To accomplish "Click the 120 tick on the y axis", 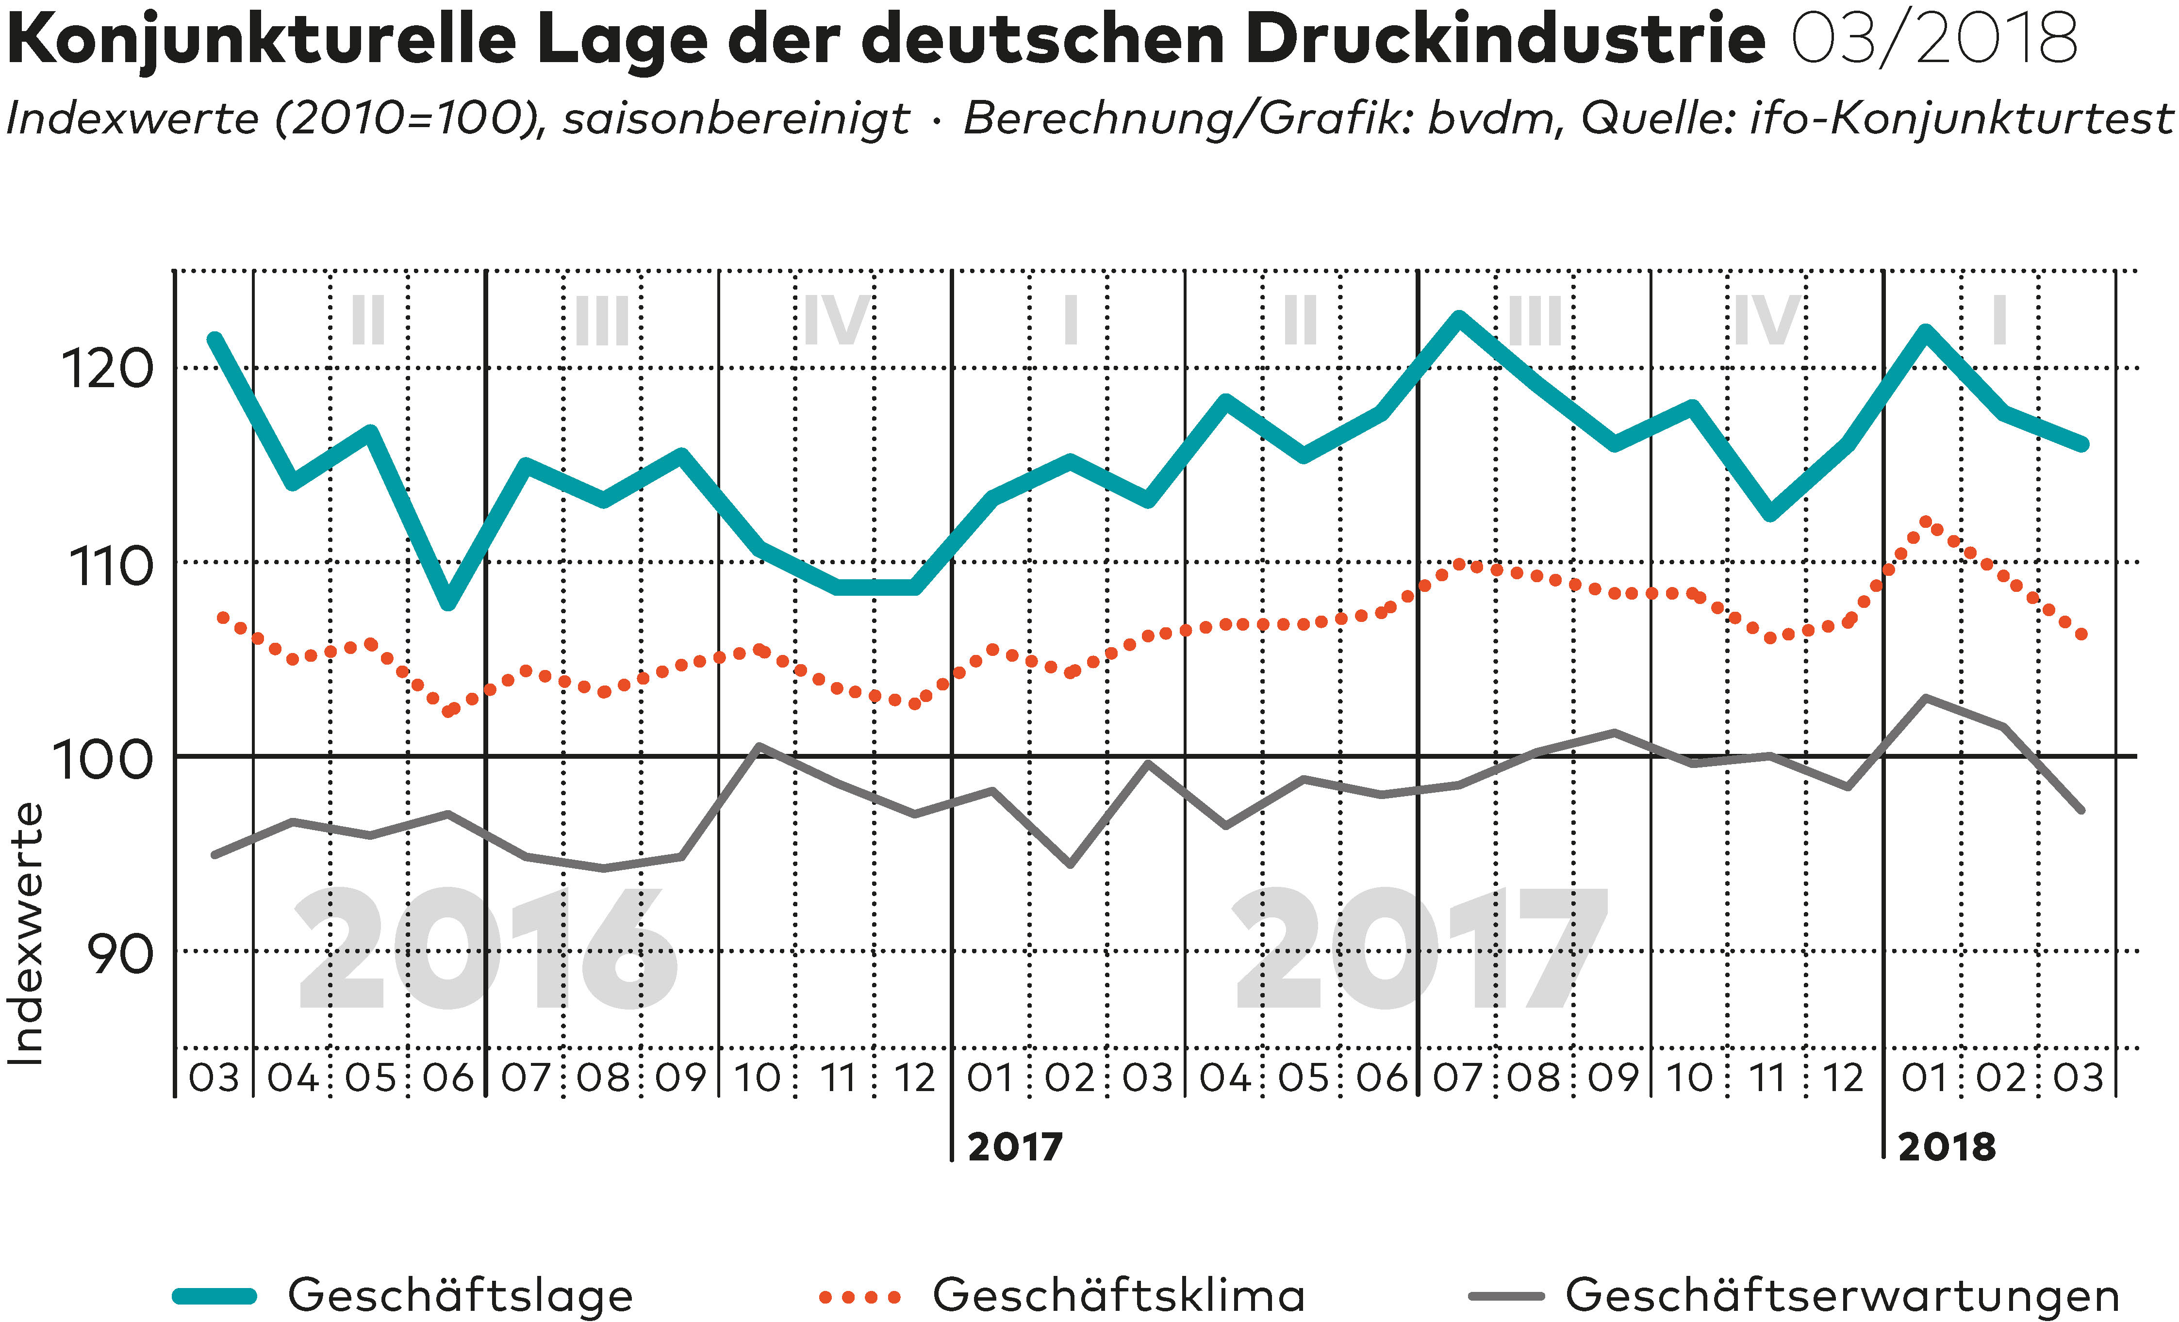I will point(107,370).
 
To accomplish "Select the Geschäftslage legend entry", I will point(460,1295).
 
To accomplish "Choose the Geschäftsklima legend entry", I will point(1119,1295).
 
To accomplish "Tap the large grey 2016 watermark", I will point(486,950).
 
